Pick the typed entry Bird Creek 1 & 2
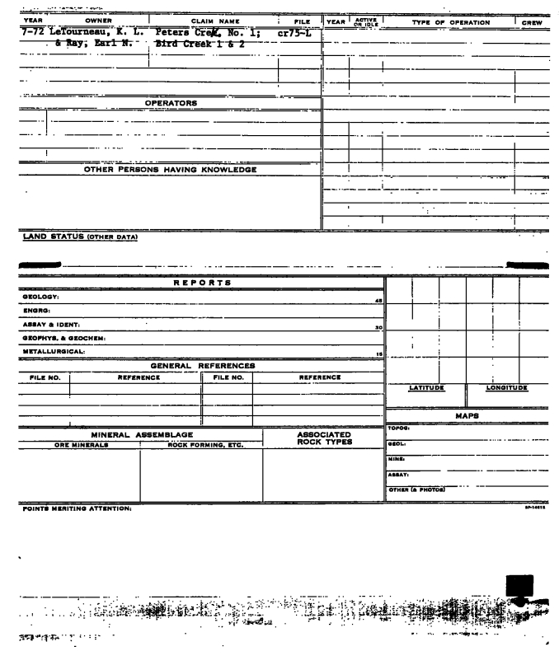point(201,44)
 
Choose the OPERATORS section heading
point(171,103)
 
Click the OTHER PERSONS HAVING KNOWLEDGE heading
point(171,170)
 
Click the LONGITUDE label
point(507,387)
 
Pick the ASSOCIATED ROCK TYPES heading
point(324,438)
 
